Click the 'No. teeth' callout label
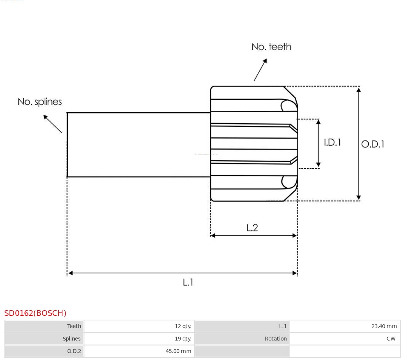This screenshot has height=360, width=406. tap(271, 47)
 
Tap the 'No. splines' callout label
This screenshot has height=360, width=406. tap(40, 102)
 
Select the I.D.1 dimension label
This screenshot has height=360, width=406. tap(332, 142)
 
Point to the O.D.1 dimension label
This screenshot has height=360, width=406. tap(372, 144)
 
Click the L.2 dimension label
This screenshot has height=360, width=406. tap(252, 228)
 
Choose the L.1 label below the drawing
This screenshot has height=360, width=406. tap(188, 282)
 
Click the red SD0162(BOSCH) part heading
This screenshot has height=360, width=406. tap(35, 313)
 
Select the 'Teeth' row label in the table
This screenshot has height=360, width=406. tap(74, 326)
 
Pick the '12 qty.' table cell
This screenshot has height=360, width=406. tap(183, 326)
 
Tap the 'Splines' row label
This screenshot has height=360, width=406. tap(72, 339)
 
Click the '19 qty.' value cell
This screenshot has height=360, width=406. tap(183, 339)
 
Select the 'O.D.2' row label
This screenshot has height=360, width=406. tap(74, 351)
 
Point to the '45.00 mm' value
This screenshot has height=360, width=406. tap(178, 351)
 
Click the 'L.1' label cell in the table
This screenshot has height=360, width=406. tap(283, 326)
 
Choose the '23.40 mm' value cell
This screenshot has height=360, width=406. tap(384, 326)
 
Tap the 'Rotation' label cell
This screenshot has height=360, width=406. tap(276, 339)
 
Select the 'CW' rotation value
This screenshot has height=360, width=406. tap(391, 339)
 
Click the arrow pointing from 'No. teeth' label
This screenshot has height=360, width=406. tap(260, 70)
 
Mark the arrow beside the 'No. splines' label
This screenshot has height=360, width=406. tap(52, 124)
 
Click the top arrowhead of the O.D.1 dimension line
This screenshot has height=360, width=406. tap(358, 89)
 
